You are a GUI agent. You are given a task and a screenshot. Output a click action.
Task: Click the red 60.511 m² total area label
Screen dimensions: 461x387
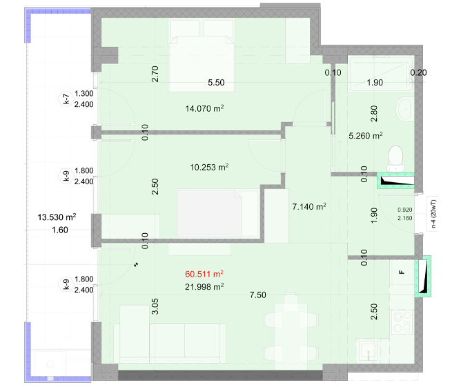pyautogui.click(x=204, y=274)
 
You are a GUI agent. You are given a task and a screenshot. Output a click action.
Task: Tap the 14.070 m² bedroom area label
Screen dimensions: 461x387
pyautogui.click(x=204, y=108)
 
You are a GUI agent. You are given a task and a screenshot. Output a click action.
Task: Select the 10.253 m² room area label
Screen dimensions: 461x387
pyautogui.click(x=209, y=167)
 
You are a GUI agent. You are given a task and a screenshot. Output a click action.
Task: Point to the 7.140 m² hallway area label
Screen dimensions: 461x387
pyautogui.click(x=309, y=206)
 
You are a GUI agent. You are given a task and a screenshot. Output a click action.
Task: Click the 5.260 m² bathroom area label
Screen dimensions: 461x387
pyautogui.click(x=366, y=135)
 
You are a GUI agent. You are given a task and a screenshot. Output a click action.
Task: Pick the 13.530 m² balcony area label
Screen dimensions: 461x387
pyautogui.click(x=57, y=217)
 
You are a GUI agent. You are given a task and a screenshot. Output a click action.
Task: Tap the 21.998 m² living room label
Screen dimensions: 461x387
pyautogui.click(x=204, y=286)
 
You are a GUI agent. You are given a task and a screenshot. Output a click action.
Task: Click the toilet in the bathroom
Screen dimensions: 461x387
pyautogui.click(x=395, y=159)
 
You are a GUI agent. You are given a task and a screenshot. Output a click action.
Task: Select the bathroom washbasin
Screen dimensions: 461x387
pyautogui.click(x=405, y=109)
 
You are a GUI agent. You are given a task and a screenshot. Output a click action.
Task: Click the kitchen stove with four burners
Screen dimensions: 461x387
pyautogui.click(x=402, y=321)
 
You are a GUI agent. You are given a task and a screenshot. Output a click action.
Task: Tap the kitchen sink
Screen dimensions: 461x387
pyautogui.click(x=367, y=350)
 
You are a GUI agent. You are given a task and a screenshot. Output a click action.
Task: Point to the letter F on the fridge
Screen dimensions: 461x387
pyautogui.click(x=402, y=272)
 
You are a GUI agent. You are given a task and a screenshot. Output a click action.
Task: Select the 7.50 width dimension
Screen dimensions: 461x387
pyautogui.click(x=258, y=295)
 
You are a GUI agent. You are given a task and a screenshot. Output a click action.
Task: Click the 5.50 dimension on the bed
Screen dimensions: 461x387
pyautogui.click(x=216, y=83)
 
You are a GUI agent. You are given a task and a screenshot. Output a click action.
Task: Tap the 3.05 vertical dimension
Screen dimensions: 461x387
pyautogui.click(x=155, y=306)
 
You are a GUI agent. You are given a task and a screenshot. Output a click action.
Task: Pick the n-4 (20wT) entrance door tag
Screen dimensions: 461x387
pyautogui.click(x=433, y=214)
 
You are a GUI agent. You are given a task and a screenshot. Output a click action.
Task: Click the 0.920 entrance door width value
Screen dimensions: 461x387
pyautogui.click(x=405, y=210)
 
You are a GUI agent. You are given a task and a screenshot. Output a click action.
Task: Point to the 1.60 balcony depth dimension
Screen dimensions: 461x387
pyautogui.click(x=59, y=230)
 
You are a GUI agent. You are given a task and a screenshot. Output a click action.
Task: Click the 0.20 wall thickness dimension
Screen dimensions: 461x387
pyautogui.click(x=418, y=72)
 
